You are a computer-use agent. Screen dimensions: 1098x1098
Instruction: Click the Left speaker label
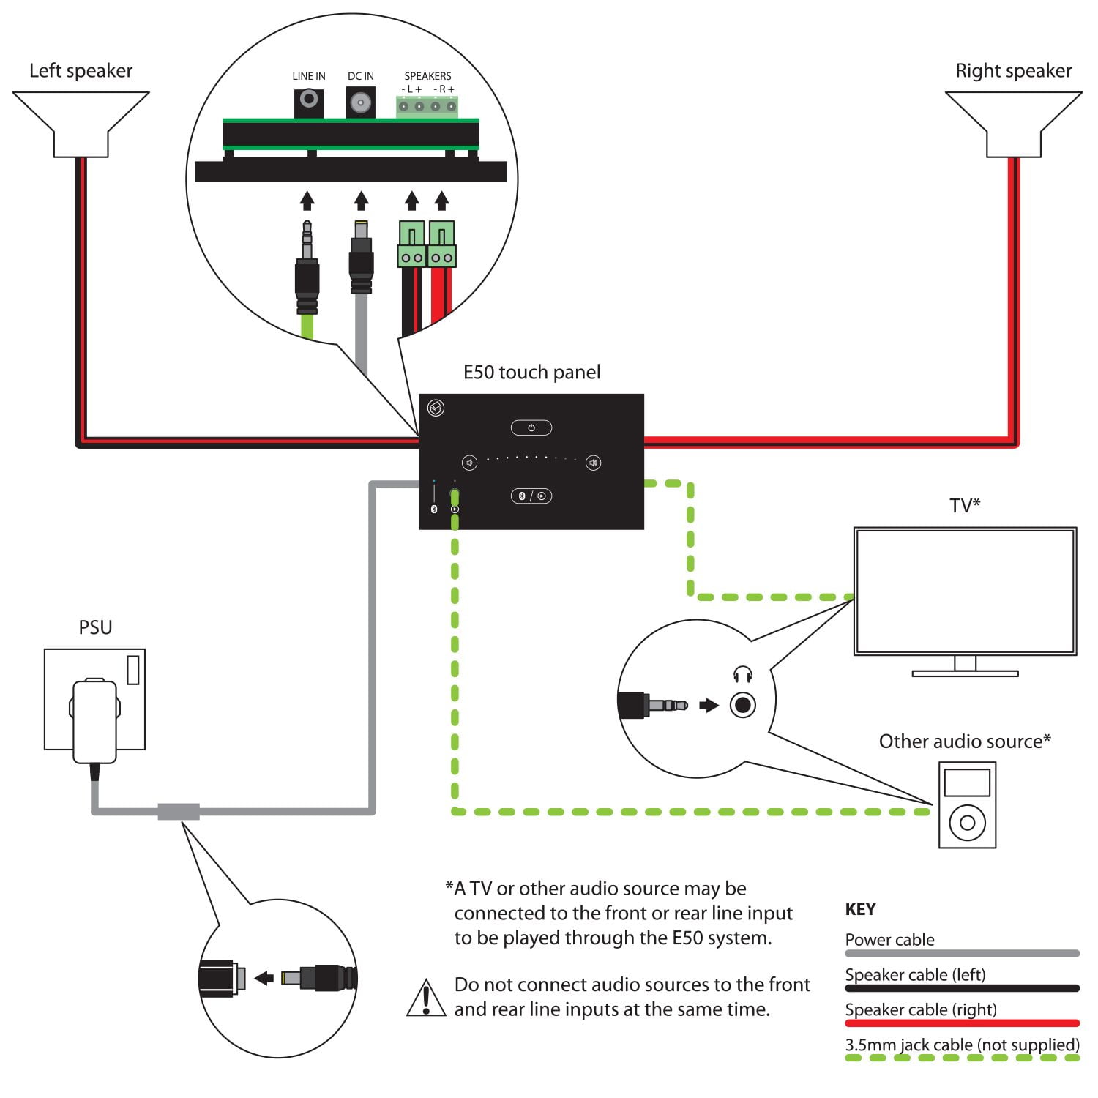[x=81, y=71]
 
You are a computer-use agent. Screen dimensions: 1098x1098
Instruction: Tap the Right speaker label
[x=1013, y=71]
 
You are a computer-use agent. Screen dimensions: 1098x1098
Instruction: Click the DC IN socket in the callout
[x=360, y=102]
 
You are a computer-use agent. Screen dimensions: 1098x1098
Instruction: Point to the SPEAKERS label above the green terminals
[x=427, y=76]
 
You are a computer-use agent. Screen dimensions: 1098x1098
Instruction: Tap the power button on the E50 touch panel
[x=531, y=427]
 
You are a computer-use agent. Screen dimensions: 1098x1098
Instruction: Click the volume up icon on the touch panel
[x=594, y=463]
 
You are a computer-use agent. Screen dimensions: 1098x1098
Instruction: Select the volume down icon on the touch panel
[x=469, y=463]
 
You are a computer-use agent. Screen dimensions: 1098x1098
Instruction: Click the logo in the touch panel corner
[x=436, y=408]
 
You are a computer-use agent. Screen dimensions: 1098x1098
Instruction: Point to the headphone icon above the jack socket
[x=742, y=674]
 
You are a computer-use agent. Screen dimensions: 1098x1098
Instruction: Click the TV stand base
[x=965, y=673]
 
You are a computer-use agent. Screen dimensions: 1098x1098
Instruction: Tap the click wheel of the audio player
[x=967, y=823]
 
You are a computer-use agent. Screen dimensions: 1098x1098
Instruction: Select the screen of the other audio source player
[x=967, y=783]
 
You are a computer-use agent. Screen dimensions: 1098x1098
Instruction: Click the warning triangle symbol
[x=426, y=998]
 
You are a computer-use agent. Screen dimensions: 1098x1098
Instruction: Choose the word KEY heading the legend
[x=860, y=909]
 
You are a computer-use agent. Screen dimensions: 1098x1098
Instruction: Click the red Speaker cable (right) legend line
[x=962, y=1023]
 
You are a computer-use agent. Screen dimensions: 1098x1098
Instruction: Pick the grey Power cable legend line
[x=962, y=953]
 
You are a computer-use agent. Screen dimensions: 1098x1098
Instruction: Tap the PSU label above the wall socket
[x=95, y=627]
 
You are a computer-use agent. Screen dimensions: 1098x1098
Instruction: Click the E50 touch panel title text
[x=531, y=373]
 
